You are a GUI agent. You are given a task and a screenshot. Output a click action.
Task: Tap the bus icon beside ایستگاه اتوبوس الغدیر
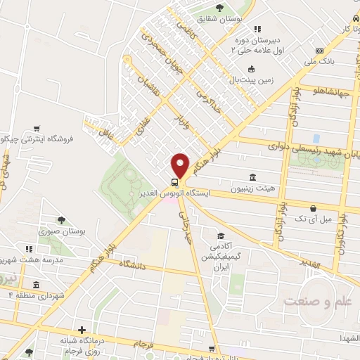point(174,181)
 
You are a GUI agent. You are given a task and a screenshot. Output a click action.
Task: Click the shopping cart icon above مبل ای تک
point(313,208)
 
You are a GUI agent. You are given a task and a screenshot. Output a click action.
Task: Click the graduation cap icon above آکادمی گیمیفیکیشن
point(221,236)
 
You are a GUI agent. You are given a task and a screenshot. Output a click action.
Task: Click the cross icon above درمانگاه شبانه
point(82,329)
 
